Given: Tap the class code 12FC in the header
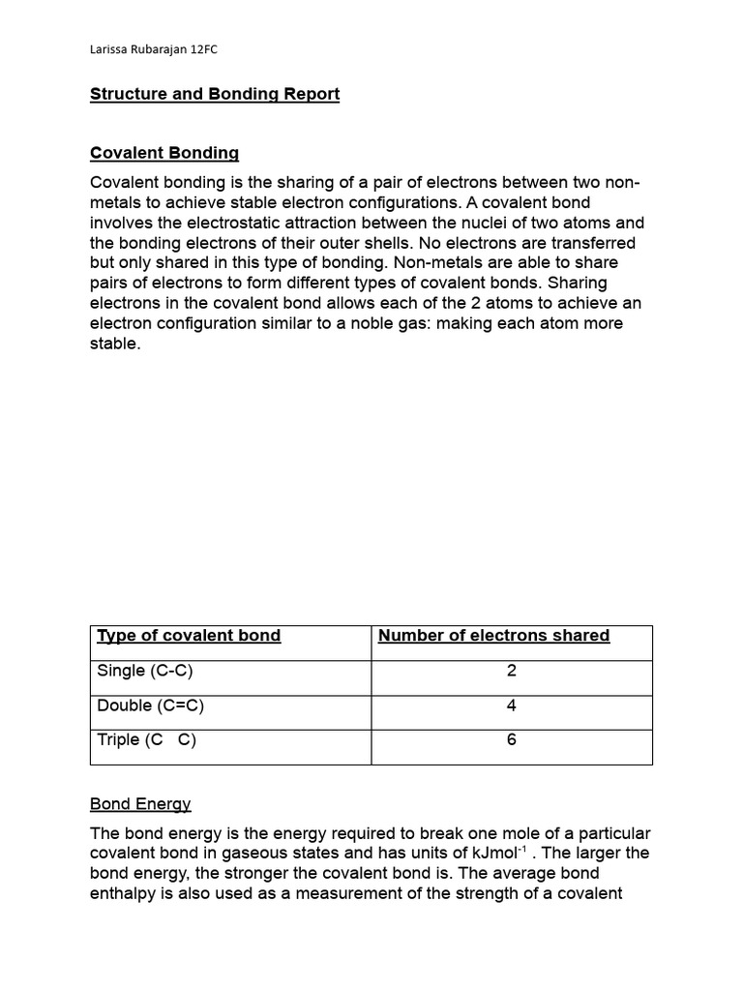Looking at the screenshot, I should pyautogui.click(x=217, y=49).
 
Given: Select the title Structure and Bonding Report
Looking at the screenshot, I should pyautogui.click(x=215, y=94).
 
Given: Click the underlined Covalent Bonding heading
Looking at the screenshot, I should pyautogui.click(x=164, y=153).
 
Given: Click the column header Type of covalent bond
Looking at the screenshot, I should pyautogui.click(x=189, y=635).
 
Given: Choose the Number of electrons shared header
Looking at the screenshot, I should pyautogui.click(x=493, y=635).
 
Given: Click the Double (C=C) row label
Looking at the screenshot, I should pyautogui.click(x=151, y=706).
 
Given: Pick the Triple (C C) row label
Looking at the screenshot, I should pyautogui.click(x=147, y=740).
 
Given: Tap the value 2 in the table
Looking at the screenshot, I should pyautogui.click(x=511, y=671).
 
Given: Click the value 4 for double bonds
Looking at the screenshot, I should pyautogui.click(x=511, y=706).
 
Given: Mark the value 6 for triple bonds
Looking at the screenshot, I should pyautogui.click(x=511, y=740).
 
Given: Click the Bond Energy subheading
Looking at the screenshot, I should pyautogui.click(x=140, y=803).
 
